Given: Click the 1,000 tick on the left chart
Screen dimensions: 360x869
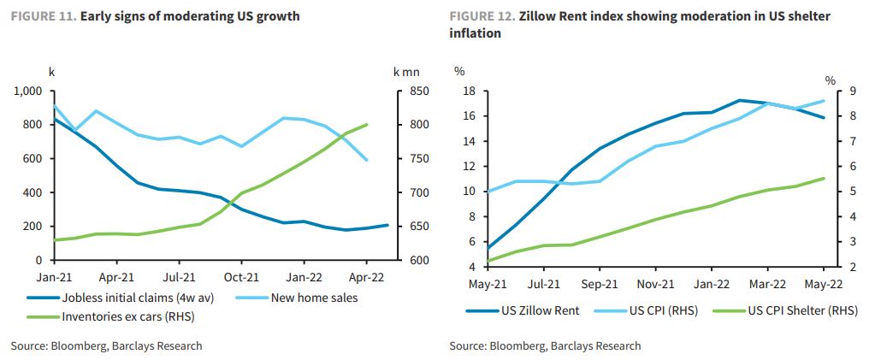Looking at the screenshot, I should tap(27, 91).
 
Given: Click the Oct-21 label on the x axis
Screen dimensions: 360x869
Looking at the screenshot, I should tap(241, 277).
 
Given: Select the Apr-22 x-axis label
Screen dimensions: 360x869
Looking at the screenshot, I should tap(366, 277).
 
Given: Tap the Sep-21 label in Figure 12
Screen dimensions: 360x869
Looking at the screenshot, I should tap(600, 284).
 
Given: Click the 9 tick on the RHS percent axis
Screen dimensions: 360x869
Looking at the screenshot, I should tap(842, 91).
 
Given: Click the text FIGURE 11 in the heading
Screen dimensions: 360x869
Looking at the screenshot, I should tap(42, 16).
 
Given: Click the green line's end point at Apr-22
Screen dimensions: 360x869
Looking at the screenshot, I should tap(367, 125).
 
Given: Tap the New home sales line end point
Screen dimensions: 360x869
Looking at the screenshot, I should tap(367, 160).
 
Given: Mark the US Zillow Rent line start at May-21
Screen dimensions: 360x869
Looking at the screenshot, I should tap(488, 248).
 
